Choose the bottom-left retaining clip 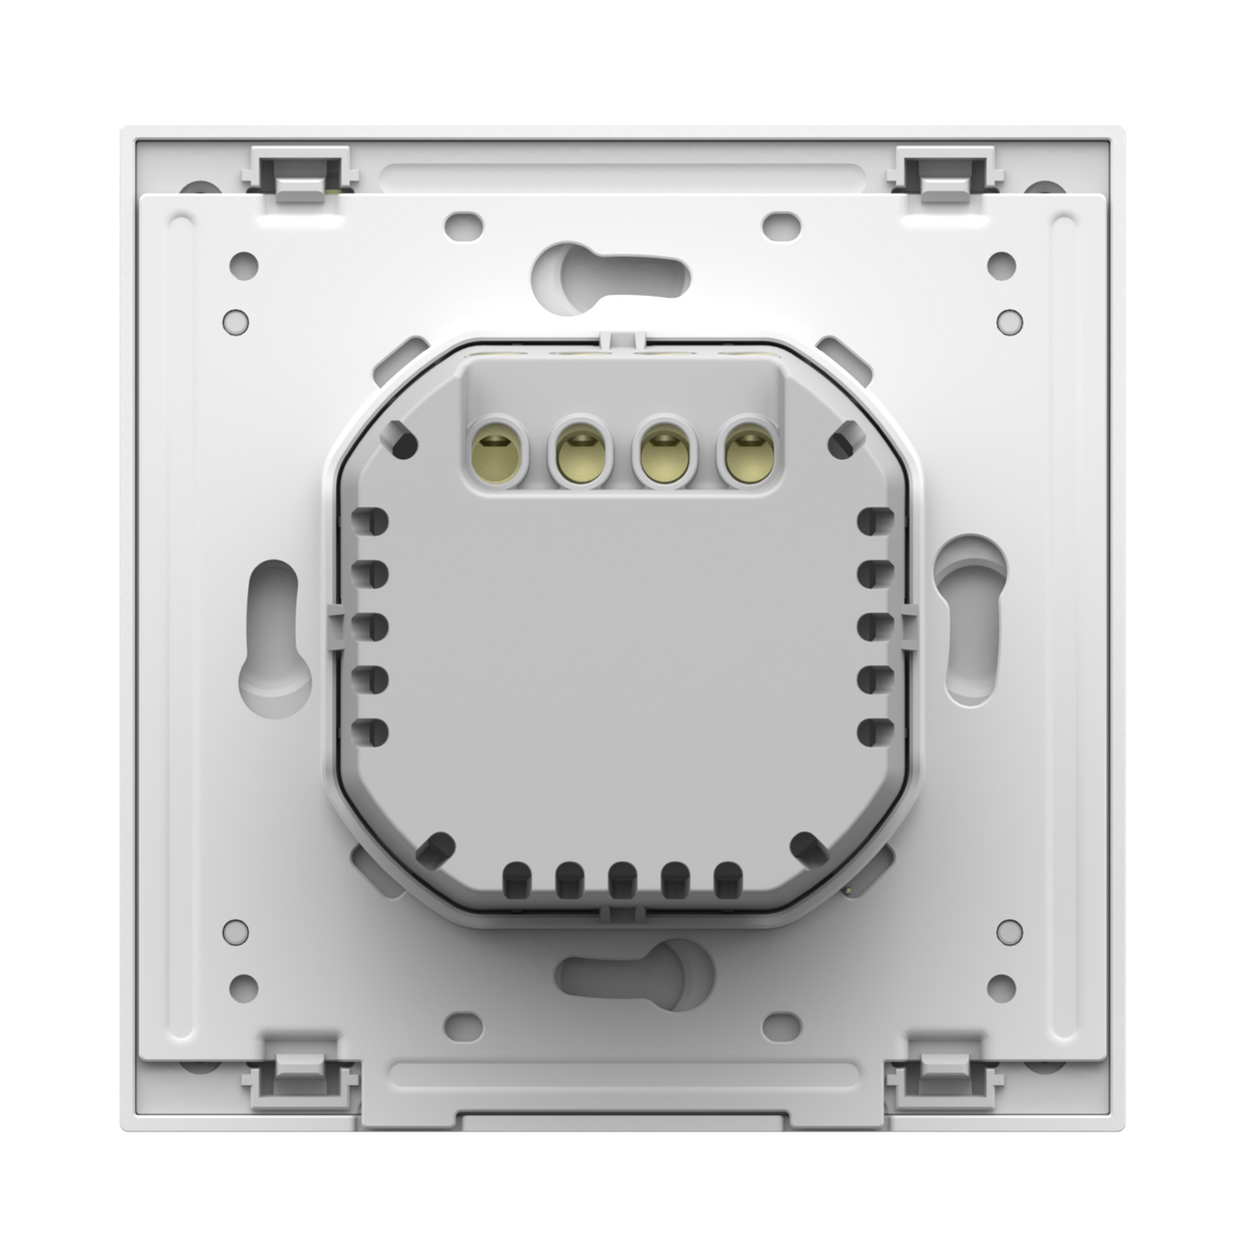pyautogui.click(x=298, y=1073)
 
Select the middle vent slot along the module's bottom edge pyautogui.click(x=621, y=877)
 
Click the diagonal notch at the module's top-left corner pyautogui.click(x=403, y=440)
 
